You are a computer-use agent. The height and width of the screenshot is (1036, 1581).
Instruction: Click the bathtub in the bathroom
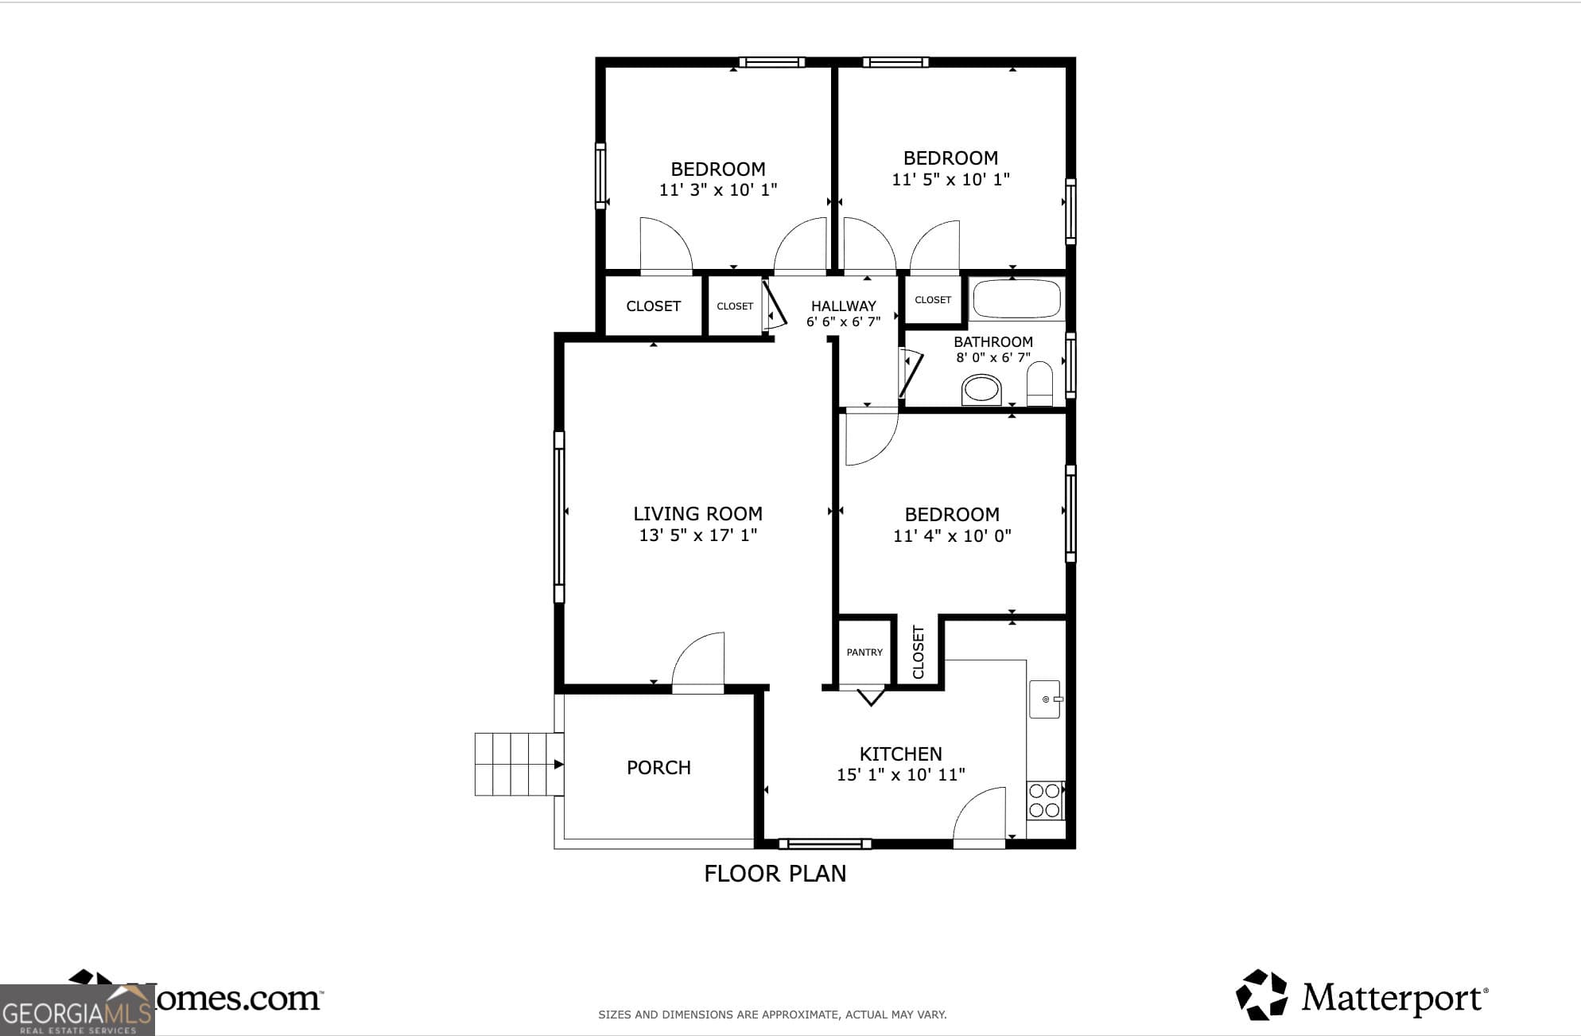1016,299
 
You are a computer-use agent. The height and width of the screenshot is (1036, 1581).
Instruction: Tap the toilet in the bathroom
1039,384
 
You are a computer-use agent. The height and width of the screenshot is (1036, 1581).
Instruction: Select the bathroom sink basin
981,390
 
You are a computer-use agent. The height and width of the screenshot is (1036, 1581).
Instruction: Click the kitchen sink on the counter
1044,699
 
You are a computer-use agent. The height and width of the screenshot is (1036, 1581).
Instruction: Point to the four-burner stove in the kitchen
1044,800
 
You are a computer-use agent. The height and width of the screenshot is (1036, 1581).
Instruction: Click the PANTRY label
864,652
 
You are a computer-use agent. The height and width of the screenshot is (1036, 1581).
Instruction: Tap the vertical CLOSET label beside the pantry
919,652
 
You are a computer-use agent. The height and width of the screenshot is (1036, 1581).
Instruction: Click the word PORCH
658,768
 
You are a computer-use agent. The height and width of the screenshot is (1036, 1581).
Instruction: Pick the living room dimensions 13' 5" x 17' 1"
697,536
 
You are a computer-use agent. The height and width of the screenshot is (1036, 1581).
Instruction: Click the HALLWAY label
843,306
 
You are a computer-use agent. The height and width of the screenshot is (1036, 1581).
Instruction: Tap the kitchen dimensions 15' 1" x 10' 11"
900,774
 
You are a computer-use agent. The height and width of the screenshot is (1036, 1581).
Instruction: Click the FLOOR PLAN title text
775,874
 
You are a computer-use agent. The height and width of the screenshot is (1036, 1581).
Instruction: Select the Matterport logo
1361,995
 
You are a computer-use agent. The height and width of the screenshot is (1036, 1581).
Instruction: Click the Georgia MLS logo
76,1011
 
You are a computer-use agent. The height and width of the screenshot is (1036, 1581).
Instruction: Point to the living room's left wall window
559,516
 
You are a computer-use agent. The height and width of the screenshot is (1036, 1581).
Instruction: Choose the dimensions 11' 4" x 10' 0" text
951,536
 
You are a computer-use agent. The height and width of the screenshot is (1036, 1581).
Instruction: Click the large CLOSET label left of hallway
653,306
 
